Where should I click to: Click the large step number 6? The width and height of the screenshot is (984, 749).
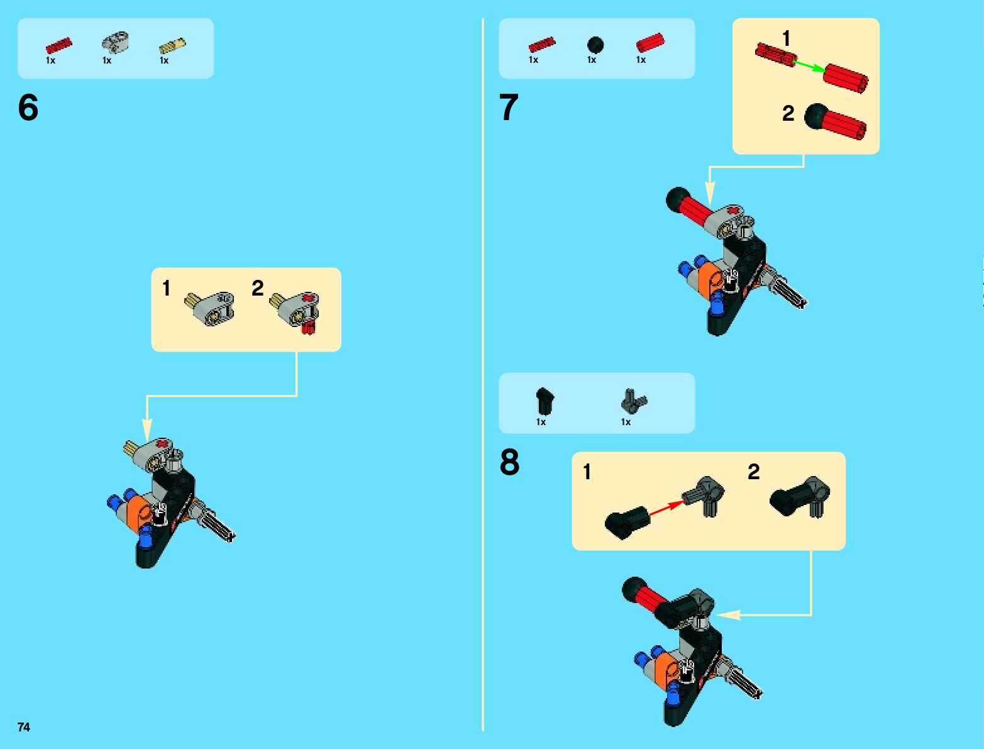[x=28, y=108]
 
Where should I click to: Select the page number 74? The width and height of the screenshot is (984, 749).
[x=23, y=726]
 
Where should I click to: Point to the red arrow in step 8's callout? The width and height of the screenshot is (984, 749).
[x=666, y=508]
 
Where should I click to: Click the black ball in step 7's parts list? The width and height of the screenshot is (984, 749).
[x=595, y=45]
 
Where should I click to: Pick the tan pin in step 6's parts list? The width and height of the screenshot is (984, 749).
[x=172, y=46]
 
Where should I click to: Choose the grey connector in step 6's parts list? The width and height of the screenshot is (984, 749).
[x=115, y=42]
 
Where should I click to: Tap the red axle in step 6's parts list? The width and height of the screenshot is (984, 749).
[x=58, y=45]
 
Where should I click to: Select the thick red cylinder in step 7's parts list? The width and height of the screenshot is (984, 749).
[x=651, y=43]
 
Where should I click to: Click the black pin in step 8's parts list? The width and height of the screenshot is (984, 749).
[x=545, y=400]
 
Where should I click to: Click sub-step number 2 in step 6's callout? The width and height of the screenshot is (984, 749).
[x=257, y=288]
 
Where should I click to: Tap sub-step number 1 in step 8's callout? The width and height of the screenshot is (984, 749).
[x=587, y=472]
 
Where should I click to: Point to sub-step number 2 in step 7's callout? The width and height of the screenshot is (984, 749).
[x=788, y=113]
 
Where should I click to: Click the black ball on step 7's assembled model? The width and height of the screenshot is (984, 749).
[x=678, y=199]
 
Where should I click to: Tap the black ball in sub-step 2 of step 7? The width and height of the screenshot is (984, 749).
[x=817, y=116]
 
